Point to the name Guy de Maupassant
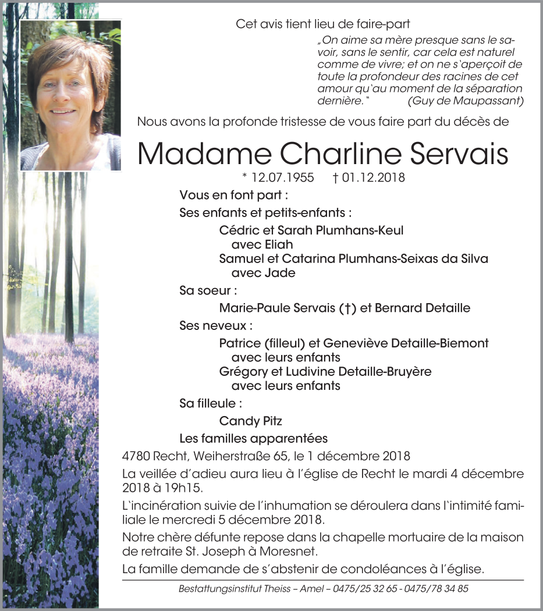click(457, 101)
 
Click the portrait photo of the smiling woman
click(70, 95)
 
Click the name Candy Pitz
click(251, 421)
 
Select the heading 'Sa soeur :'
click(208, 290)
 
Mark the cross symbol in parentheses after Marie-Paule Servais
click(347, 308)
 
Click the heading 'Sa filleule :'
click(211, 403)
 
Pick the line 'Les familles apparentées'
click(253, 438)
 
